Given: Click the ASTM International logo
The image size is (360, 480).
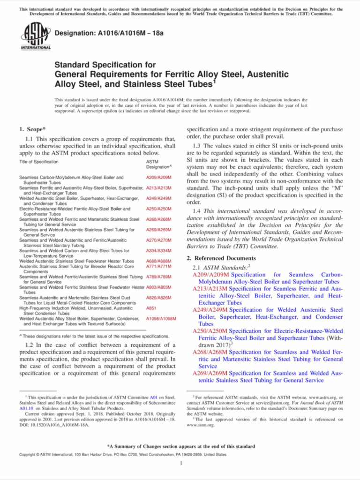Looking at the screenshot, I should coord(36,37).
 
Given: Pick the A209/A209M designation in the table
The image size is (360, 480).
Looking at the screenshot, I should coord(159,178).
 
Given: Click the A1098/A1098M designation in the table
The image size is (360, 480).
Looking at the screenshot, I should coord(161,318).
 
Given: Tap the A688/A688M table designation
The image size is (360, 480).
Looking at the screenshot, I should coord(159,261).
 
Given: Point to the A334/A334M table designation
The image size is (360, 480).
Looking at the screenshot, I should coord(159,250).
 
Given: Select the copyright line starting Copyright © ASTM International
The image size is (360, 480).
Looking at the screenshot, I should coord(115,455).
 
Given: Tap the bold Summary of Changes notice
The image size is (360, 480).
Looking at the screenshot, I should coord(181,446).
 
